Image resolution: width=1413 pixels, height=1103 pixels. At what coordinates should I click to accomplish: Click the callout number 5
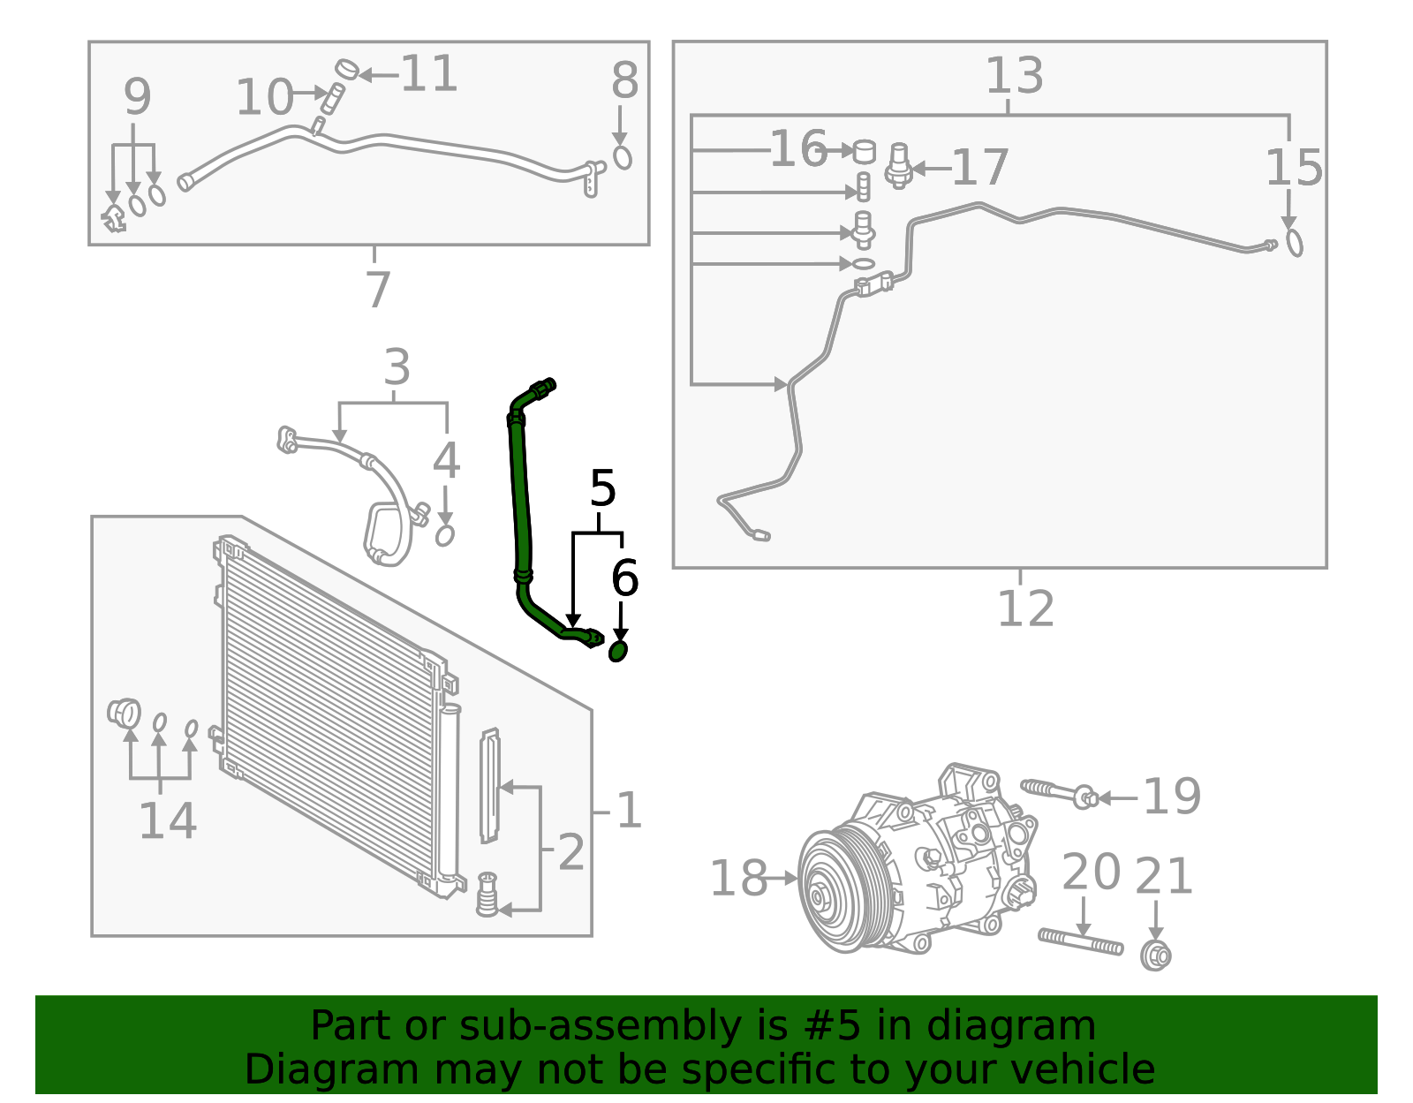click(602, 488)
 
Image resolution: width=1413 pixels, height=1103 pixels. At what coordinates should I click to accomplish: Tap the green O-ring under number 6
click(618, 652)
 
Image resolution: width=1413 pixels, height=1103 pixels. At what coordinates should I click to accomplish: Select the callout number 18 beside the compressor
click(738, 879)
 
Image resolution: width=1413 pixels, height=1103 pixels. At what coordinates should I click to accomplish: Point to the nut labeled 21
click(1155, 956)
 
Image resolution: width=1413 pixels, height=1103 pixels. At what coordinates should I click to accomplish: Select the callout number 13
click(1014, 76)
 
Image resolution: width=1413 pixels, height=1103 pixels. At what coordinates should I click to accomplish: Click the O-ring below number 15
click(1294, 242)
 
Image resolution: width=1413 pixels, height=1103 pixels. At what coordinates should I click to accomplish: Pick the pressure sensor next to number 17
click(899, 165)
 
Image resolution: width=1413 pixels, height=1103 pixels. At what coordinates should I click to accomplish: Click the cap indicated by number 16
click(864, 151)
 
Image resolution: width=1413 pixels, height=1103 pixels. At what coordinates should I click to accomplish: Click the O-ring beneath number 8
click(623, 157)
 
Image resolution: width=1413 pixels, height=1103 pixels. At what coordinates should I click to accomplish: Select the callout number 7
click(378, 289)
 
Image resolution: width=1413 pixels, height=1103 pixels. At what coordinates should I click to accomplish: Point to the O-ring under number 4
click(445, 535)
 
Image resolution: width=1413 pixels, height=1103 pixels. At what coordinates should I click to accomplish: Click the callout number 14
click(168, 821)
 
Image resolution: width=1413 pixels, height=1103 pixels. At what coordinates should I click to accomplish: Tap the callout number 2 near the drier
click(571, 852)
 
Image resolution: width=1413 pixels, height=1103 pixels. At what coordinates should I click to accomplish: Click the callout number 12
click(1025, 608)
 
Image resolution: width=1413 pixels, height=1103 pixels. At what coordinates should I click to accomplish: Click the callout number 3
click(397, 367)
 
